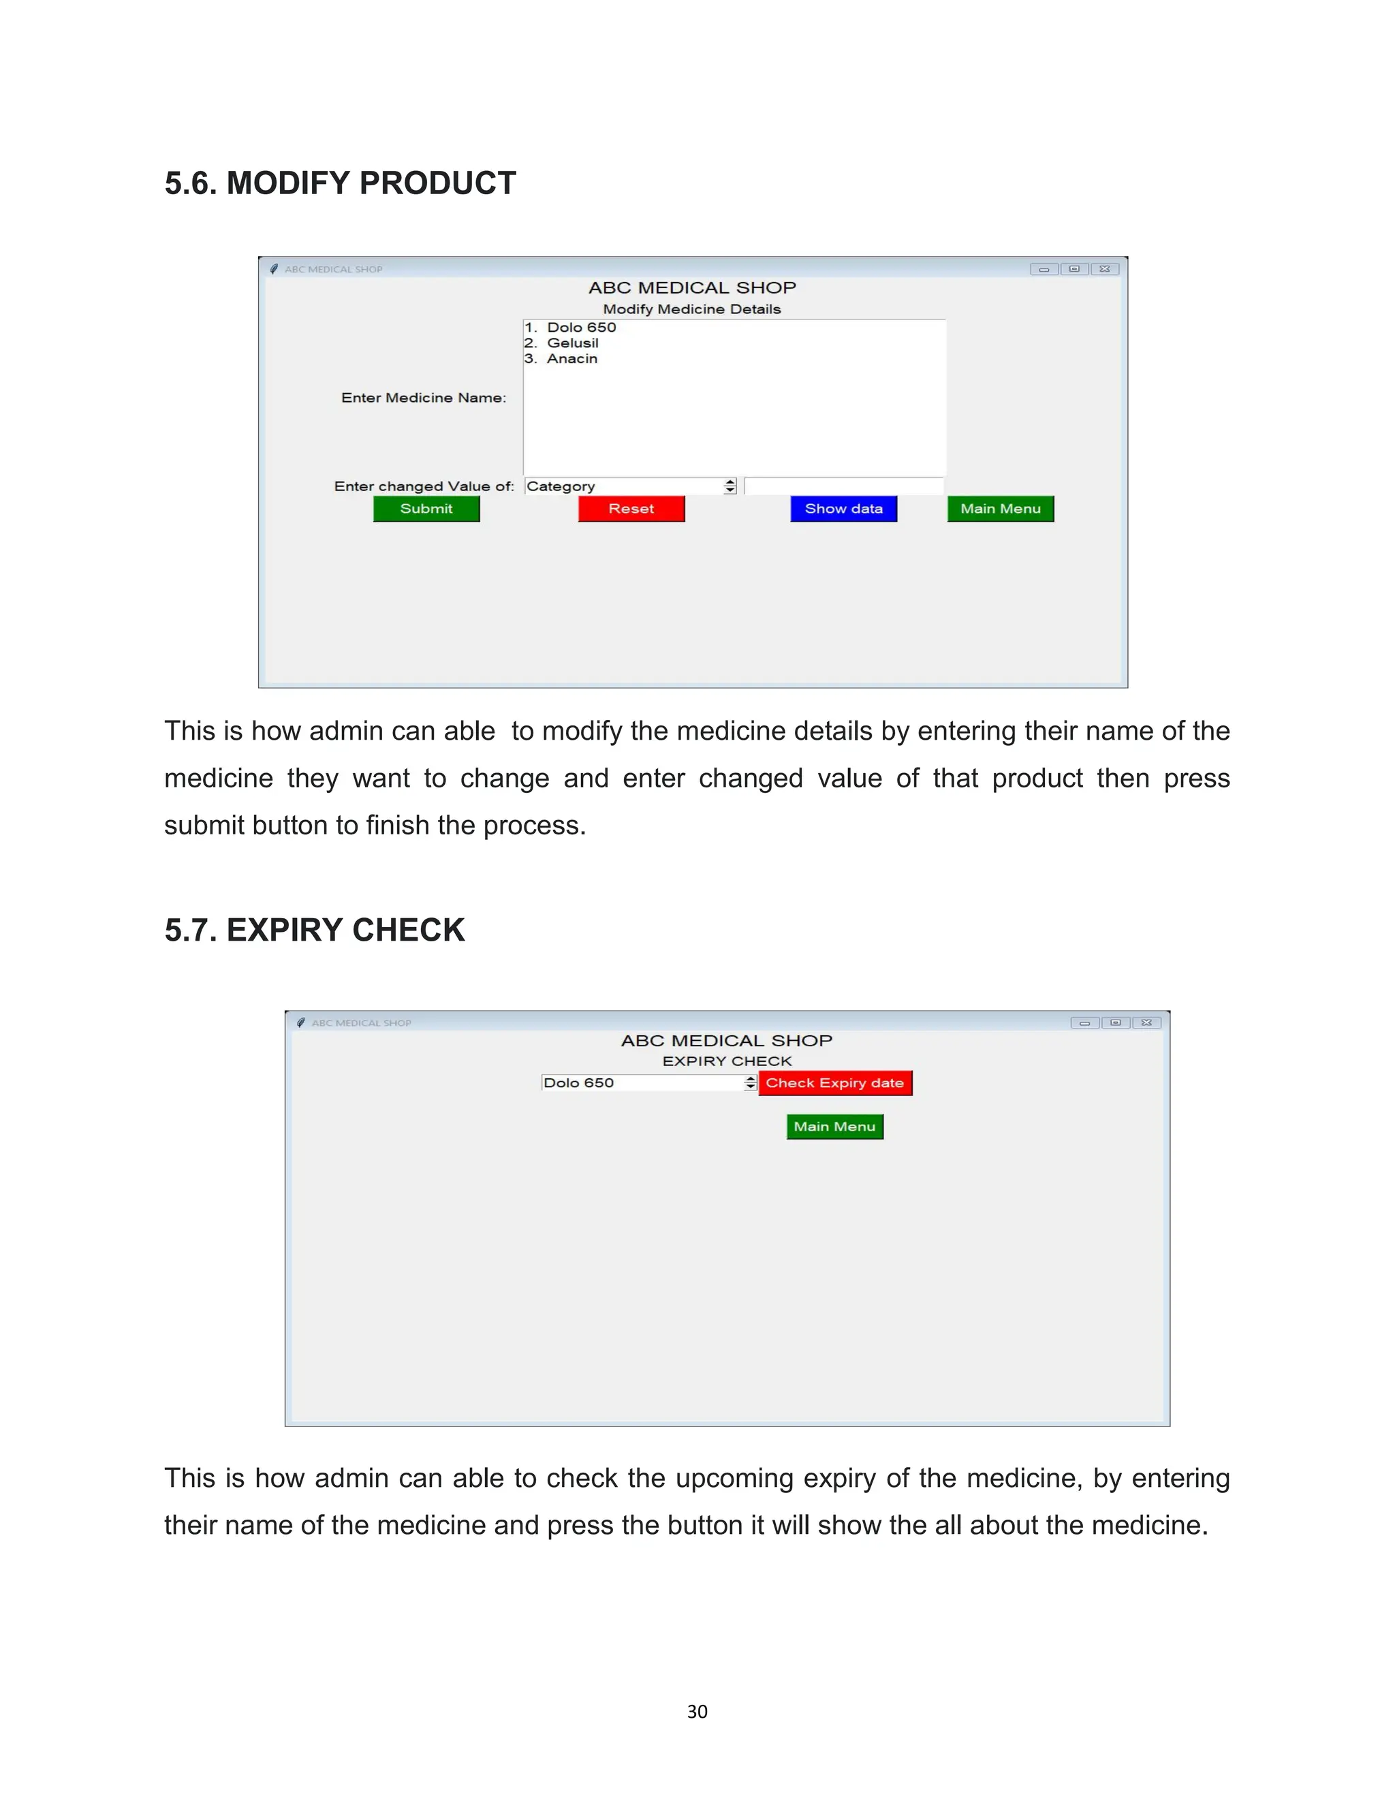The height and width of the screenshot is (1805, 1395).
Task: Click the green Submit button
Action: (x=426, y=509)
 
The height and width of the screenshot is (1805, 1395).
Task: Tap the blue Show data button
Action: (x=844, y=509)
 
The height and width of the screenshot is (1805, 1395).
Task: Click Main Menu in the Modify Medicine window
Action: (x=1000, y=509)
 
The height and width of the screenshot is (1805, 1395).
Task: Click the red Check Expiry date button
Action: (x=834, y=1083)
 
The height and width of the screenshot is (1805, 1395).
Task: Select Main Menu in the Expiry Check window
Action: (x=834, y=1127)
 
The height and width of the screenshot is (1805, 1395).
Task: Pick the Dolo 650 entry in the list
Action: (x=581, y=327)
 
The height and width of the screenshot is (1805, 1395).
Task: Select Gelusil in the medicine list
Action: (x=572, y=343)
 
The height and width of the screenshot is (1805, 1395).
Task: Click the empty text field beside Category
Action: (x=843, y=486)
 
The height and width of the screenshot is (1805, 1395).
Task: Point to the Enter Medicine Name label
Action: (x=423, y=398)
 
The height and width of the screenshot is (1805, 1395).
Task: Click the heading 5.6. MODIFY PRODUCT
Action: (x=340, y=183)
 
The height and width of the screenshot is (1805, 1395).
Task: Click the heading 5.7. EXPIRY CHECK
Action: (x=314, y=930)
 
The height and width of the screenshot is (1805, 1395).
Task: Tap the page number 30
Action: (x=697, y=1712)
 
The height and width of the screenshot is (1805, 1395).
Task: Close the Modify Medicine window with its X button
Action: (x=1105, y=268)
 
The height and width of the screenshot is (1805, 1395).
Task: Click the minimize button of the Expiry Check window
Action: (x=1084, y=1022)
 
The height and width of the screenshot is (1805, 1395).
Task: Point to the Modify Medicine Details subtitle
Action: (x=692, y=309)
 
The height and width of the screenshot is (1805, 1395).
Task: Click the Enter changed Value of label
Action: (x=424, y=486)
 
